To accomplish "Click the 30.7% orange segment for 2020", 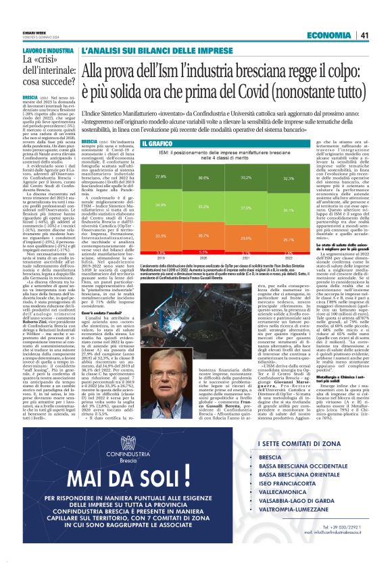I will point(203,235).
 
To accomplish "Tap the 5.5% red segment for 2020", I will point(203,251).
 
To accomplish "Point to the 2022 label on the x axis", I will point(288,257).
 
